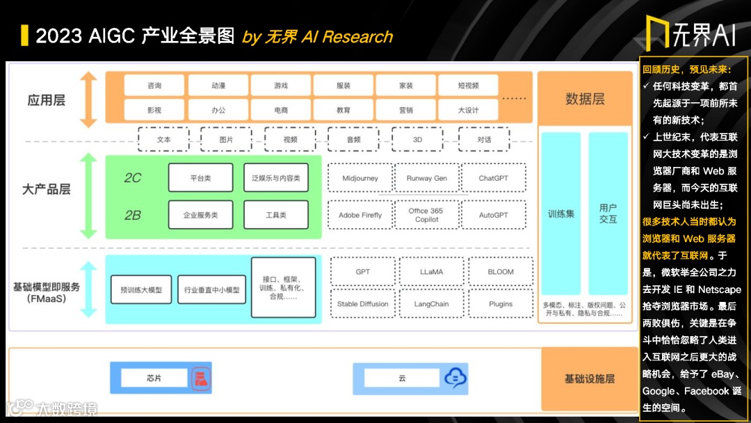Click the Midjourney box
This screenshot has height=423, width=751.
(x=360, y=179)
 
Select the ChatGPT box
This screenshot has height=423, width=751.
(x=493, y=179)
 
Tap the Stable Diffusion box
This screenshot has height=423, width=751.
(x=362, y=304)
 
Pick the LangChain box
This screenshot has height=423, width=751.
(x=431, y=304)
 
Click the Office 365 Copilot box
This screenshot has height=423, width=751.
(x=426, y=215)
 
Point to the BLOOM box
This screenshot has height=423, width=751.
(x=500, y=272)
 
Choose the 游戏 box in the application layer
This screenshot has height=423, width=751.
(x=280, y=86)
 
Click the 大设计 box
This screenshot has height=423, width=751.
(x=468, y=110)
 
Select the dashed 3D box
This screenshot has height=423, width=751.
(x=417, y=139)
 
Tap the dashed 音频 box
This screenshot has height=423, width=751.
(x=353, y=139)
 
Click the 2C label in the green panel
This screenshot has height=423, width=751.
(x=132, y=178)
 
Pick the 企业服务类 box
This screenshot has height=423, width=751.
(x=200, y=215)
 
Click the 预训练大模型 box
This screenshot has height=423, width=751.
(x=141, y=289)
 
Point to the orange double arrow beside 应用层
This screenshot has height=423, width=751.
(x=88, y=99)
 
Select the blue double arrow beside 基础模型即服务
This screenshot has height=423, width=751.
(x=88, y=289)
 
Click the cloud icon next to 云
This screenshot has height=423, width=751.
(x=455, y=378)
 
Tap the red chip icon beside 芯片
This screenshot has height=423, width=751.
(x=200, y=378)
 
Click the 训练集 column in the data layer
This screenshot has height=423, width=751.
(x=560, y=214)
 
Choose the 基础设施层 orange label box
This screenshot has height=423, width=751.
(x=589, y=379)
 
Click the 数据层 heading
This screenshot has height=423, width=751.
(x=585, y=99)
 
